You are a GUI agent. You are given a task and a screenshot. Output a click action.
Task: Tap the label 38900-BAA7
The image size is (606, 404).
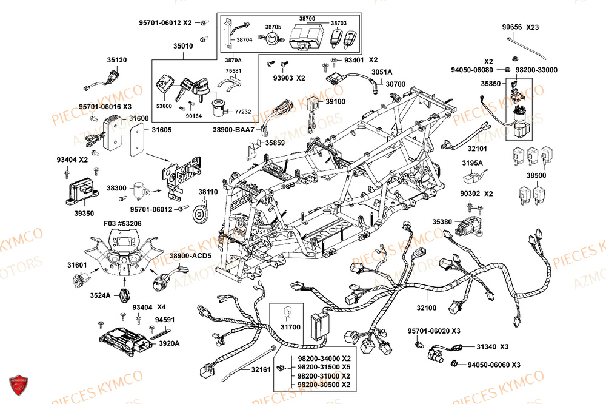(234, 130)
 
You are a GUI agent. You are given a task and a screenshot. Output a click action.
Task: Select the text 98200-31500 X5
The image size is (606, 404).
(324, 367)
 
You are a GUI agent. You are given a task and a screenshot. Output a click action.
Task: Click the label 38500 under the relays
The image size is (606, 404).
(536, 175)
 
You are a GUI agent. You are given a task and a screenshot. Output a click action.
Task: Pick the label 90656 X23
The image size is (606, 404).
(520, 27)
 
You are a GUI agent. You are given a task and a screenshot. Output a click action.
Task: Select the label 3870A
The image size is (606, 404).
(233, 61)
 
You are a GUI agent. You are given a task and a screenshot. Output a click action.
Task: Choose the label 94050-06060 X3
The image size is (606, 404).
(494, 365)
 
